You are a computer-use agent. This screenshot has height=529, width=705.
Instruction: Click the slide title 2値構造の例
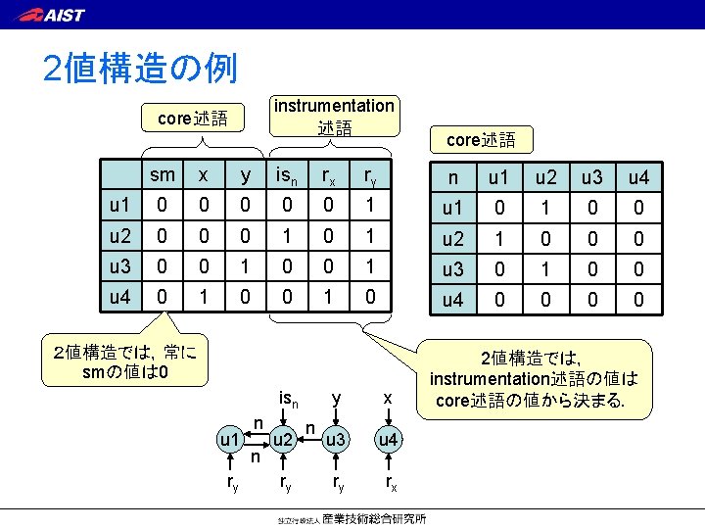(139, 69)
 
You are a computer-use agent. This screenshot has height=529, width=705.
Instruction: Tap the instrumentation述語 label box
(333, 116)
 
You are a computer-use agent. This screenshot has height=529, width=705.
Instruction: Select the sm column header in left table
(163, 175)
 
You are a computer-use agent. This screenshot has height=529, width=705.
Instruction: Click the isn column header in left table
(287, 176)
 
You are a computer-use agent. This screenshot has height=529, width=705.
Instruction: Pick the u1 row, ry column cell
(370, 205)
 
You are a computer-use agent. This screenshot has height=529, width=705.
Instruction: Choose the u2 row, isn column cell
(286, 237)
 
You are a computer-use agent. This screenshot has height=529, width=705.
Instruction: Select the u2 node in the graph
(283, 440)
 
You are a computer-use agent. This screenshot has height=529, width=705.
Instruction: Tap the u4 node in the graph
(389, 440)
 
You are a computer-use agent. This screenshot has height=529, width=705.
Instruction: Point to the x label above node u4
(388, 398)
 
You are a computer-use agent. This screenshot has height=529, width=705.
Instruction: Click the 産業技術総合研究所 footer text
(382, 518)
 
